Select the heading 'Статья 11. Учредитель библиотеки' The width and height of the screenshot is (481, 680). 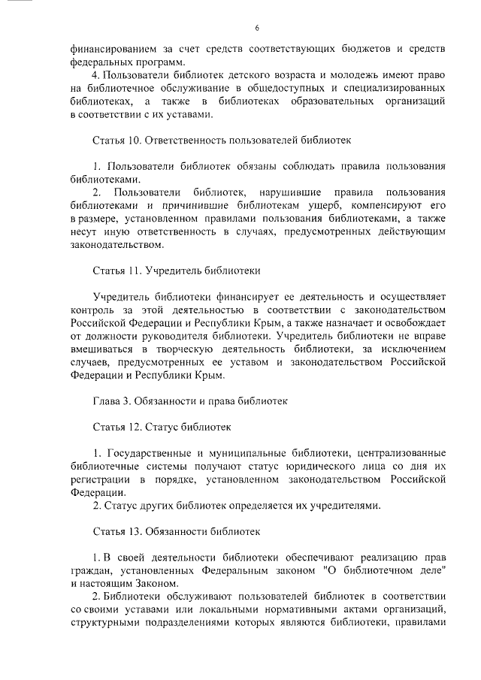pyautogui.click(x=177, y=268)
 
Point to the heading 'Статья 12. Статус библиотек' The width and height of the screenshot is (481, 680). pyautogui.click(x=162, y=427)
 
